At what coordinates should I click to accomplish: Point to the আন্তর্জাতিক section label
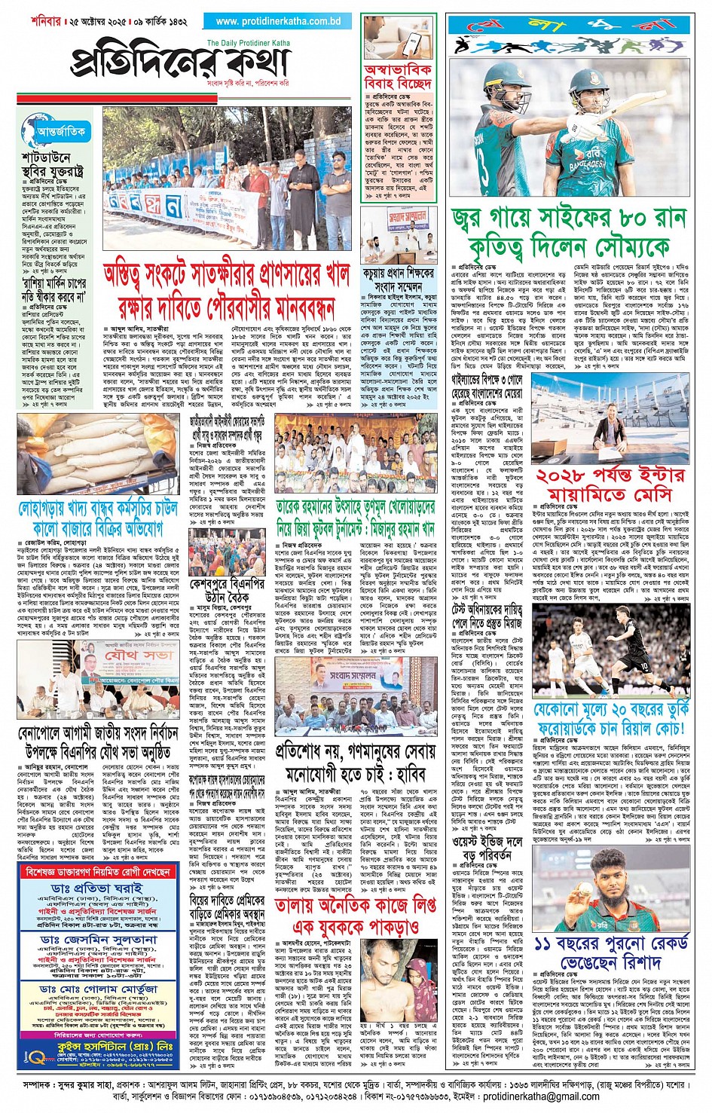pos(60,131)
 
